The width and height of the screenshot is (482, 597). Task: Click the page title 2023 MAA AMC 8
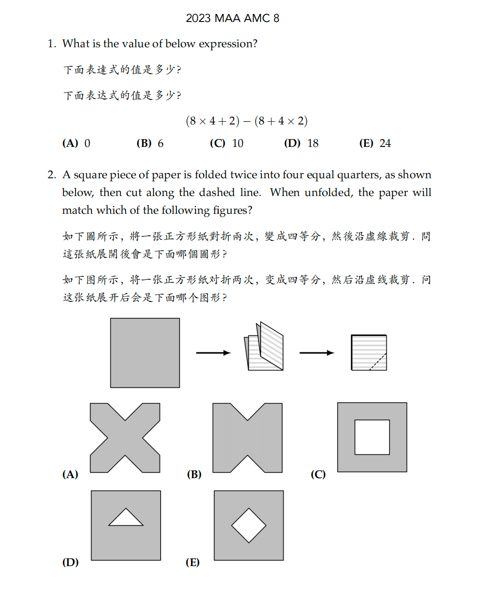[233, 18]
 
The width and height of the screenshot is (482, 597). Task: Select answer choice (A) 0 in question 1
[77, 144]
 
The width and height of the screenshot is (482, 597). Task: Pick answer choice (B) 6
[150, 144]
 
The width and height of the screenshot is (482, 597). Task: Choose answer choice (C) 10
[227, 144]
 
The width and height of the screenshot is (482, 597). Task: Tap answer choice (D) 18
[301, 144]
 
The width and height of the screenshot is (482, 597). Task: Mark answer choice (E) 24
[375, 144]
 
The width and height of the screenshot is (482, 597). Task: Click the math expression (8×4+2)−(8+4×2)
[247, 121]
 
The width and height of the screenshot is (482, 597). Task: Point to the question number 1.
[51, 44]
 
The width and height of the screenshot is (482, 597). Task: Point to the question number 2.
[51, 175]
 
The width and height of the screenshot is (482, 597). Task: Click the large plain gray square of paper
[145, 353]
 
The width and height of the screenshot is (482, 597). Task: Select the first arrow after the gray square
[213, 353]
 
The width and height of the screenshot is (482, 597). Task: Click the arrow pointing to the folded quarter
[317, 353]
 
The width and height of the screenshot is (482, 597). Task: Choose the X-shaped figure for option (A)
[125, 438]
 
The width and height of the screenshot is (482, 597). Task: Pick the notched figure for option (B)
[248, 438]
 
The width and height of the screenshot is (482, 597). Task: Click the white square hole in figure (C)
[372, 437]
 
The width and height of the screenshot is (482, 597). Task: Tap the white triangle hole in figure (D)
[126, 518]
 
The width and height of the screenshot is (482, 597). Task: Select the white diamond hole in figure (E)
[249, 525]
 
